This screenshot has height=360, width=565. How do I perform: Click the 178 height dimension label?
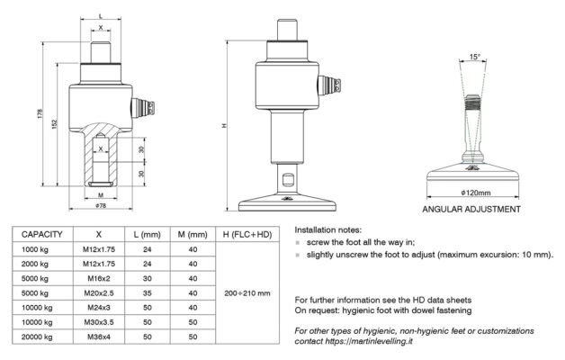coord(40,113)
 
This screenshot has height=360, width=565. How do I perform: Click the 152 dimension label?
coord(54,124)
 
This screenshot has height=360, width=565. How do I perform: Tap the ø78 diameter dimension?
coord(101,206)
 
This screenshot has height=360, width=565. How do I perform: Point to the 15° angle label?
coord(474,57)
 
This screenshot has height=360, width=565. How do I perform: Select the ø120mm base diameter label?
coord(476,193)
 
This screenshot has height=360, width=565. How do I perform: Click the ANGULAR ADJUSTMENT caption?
coord(471,209)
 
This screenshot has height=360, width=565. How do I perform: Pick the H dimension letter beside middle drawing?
coord(224,125)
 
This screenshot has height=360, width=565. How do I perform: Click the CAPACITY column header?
coord(41,235)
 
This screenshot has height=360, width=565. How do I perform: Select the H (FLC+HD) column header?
coord(247,235)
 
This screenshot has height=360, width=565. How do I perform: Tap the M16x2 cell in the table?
coord(99,279)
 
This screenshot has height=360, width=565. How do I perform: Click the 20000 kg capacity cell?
coord(37,337)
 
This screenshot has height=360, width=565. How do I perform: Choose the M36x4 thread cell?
coord(99,337)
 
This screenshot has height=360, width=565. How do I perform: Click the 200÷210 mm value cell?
coord(247,293)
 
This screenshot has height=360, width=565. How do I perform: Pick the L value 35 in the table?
coord(148,293)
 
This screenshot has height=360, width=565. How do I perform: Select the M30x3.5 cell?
coord(99,322)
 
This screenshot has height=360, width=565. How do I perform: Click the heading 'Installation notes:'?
coord(327,229)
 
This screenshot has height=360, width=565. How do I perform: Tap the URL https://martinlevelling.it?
coord(369,341)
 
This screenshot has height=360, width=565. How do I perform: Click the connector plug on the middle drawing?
coord(329,85)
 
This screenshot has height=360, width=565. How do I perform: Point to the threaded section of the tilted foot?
coord(472,103)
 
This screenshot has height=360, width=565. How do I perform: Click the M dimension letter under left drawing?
coord(101,195)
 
